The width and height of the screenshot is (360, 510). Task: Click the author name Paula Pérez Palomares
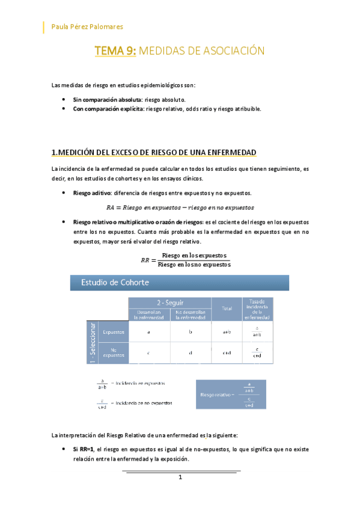[x=88, y=26]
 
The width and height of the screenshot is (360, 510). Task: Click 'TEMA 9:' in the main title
[x=115, y=52]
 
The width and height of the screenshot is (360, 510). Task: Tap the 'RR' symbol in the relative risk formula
[x=145, y=260]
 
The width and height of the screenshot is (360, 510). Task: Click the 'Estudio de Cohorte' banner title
[x=112, y=282]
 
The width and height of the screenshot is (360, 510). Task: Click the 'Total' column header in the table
[x=227, y=308]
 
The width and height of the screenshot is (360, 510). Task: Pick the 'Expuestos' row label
[x=114, y=331]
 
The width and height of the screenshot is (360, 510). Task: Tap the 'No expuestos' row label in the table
[x=114, y=352]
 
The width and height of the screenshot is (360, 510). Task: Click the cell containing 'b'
[x=190, y=331]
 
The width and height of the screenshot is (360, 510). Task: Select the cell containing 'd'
[x=190, y=353]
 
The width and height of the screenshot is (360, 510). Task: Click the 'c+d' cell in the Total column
[x=227, y=353]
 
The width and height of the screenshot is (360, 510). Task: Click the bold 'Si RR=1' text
[x=86, y=449]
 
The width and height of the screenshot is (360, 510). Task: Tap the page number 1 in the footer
[x=180, y=478]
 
